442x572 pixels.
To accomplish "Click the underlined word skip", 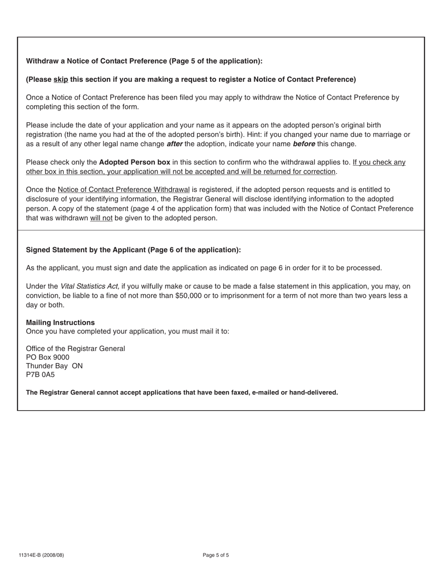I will [60, 80].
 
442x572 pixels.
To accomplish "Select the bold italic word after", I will [174, 144].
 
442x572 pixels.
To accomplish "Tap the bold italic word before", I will [303, 144].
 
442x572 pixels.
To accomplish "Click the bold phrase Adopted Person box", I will [134, 162].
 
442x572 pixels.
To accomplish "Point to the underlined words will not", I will [101, 218].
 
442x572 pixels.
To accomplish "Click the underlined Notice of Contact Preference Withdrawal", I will [123, 190].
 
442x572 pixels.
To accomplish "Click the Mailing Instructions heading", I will [60, 323].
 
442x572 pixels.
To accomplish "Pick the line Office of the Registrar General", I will [75, 349].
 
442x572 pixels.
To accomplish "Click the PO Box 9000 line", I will [47, 357].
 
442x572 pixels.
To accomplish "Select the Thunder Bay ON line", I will [54, 366].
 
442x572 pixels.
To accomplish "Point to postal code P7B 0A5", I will [40, 374].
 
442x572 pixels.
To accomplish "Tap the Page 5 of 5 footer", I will [216, 555].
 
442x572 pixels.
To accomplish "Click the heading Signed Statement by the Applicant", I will [133, 250].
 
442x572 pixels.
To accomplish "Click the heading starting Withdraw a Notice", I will [144, 61].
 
